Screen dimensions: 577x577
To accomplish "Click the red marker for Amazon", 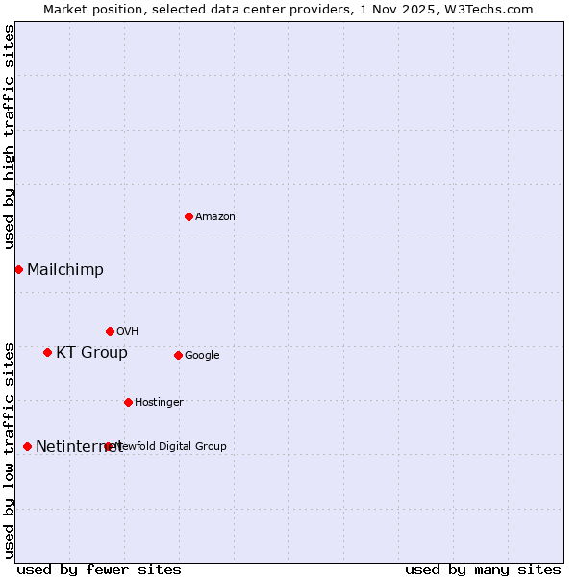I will tap(188, 216).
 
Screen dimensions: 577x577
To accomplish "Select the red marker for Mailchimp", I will tap(18, 269).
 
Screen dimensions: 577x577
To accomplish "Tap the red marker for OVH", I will tap(110, 331).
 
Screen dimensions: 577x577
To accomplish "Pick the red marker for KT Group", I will tap(47, 352).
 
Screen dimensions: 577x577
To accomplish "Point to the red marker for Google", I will tap(178, 355).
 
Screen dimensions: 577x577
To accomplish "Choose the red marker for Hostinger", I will tap(128, 402).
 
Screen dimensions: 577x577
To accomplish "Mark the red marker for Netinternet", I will tap(27, 446).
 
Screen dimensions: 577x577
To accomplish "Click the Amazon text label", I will tap(215, 217).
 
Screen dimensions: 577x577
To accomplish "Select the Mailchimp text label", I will tap(65, 270).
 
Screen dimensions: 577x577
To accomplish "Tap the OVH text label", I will tap(128, 332).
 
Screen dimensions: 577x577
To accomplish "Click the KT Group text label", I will tap(91, 353).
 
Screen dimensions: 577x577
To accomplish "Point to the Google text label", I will tap(202, 356).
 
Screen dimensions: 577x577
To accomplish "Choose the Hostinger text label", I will tap(159, 403).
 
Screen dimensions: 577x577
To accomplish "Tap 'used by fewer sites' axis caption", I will tap(99, 570).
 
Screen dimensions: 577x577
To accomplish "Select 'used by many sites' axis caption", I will tap(483, 570).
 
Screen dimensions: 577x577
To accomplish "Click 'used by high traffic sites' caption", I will tap(9, 136).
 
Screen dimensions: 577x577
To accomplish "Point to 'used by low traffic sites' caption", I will tap(9, 449).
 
